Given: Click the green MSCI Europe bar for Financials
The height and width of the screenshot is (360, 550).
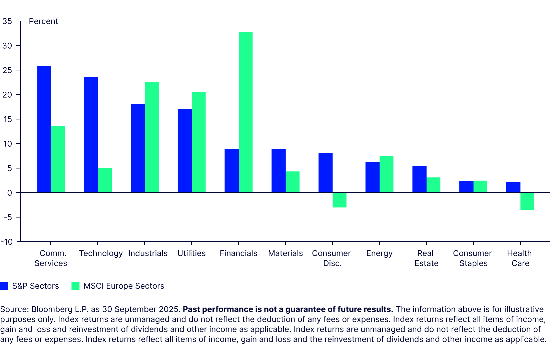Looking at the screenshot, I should [245, 112].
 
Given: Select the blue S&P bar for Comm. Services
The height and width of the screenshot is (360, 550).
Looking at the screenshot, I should [44, 129].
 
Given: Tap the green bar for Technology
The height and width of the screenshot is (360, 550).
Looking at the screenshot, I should [105, 180].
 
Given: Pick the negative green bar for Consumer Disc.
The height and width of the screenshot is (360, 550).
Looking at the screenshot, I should [340, 200].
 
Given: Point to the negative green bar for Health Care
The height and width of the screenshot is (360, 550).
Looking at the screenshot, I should [527, 201].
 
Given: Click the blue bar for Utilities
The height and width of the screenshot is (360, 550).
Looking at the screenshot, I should [185, 151].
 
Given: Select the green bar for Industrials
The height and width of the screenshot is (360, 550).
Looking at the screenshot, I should [152, 137].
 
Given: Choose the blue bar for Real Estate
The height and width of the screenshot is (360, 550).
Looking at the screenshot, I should [419, 179].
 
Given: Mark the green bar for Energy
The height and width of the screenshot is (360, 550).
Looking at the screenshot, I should [386, 174].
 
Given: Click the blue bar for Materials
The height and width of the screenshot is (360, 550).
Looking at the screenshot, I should [279, 171].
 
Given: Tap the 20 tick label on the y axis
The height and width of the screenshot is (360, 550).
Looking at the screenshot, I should [7, 95].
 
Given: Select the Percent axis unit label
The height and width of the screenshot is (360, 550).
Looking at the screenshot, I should [43, 21].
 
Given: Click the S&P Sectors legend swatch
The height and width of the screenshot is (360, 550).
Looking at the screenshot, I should [4, 286].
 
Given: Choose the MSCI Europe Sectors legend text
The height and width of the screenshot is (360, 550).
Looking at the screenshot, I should [124, 286].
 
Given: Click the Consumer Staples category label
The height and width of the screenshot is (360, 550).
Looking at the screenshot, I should [473, 258].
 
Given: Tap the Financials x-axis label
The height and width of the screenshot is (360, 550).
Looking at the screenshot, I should [238, 253].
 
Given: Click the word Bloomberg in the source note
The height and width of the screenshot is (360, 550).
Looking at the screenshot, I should [50, 309].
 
